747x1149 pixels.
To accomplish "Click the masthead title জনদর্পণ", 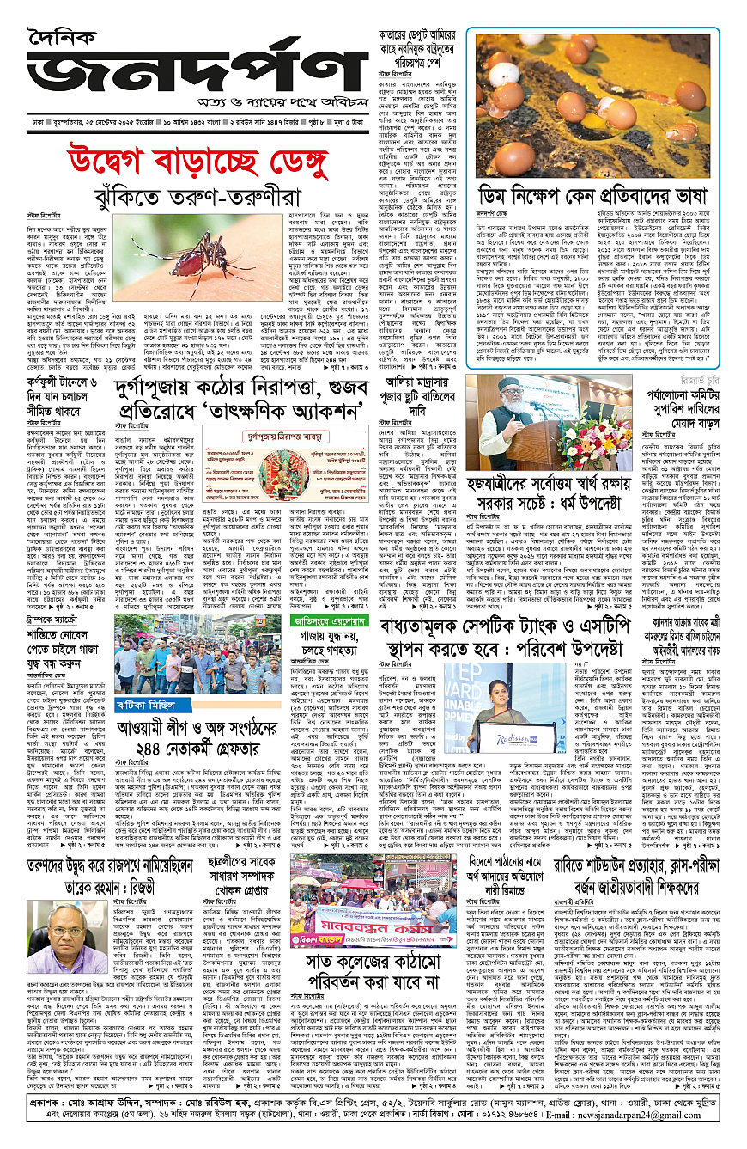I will coord(189,69).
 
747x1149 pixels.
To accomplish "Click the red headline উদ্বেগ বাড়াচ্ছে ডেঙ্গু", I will coord(189,159).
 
